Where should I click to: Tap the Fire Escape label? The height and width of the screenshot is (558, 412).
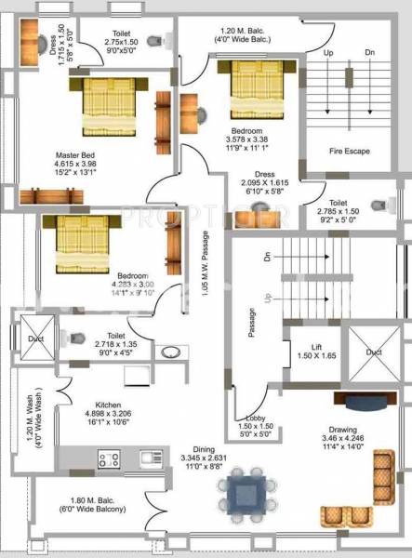(x=350, y=150)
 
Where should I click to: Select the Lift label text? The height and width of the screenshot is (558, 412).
(x=316, y=347)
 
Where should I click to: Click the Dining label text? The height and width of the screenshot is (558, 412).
(x=203, y=448)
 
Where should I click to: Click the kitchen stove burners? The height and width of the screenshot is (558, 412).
(x=109, y=458)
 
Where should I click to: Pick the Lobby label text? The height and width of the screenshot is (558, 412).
(x=257, y=418)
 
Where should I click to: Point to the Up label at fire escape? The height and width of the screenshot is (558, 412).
(x=328, y=53)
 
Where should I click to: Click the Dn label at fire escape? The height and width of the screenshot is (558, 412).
(x=369, y=53)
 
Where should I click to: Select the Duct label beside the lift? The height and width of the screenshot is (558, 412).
(x=373, y=353)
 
